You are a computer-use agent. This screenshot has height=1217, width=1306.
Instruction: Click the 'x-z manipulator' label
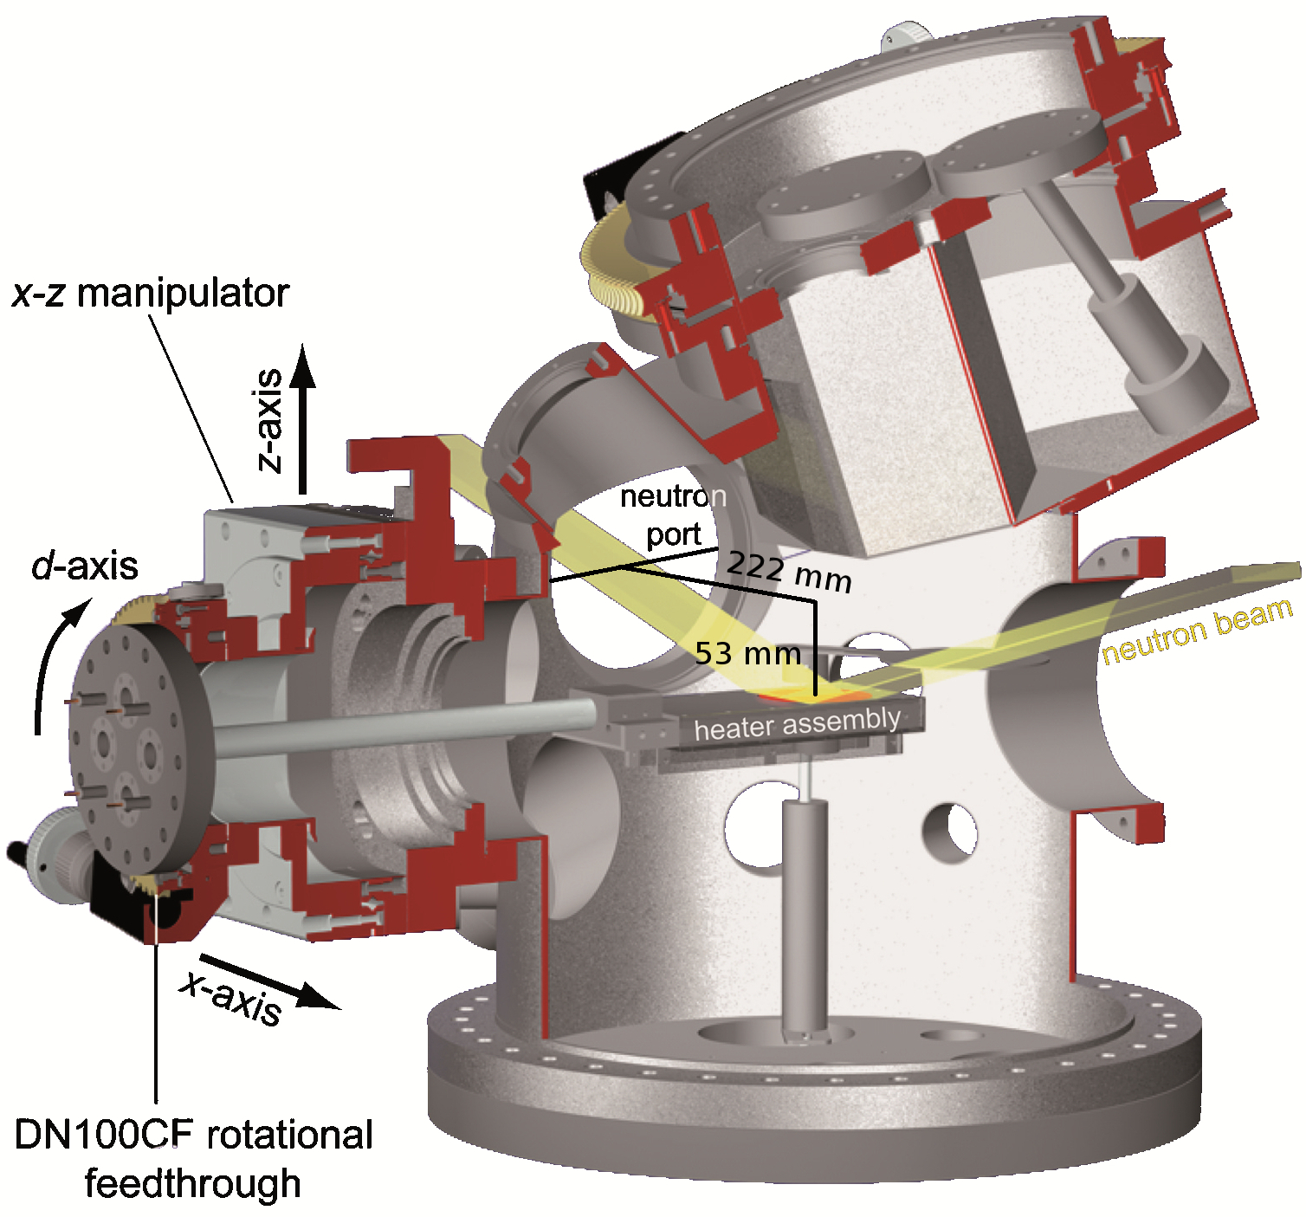coord(150,294)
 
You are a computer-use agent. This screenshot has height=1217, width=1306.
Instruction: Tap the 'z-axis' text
coord(271,421)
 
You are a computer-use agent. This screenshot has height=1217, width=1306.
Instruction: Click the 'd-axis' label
coord(85,566)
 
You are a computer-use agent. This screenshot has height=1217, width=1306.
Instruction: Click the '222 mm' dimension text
coord(788,572)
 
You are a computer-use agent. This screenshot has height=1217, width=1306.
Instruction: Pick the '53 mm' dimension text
coord(747,653)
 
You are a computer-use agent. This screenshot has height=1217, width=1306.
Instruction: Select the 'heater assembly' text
coord(797,723)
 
